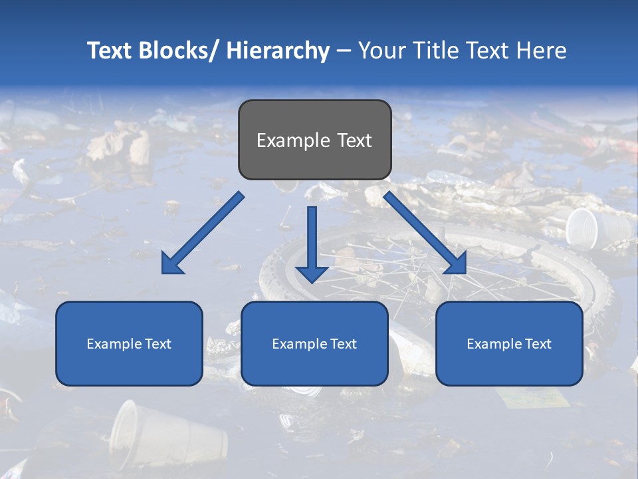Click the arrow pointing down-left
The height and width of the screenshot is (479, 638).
point(202,234)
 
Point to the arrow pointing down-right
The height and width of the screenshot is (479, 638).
point(425,234)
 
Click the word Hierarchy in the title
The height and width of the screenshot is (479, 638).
point(278,51)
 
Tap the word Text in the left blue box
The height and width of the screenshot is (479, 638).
point(157,344)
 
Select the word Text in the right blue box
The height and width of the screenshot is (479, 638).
point(537,344)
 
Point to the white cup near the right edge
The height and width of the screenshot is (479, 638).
point(584,227)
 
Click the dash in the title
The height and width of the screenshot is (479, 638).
point(344,51)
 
